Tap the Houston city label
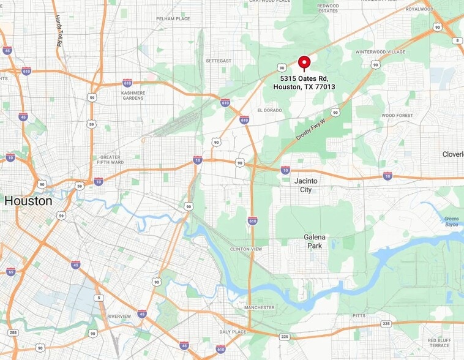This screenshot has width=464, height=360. pos(28,200)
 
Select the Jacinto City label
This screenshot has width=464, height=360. pos(306,185)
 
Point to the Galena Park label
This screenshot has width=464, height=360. pos(315,241)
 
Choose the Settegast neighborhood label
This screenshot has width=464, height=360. pos(219,61)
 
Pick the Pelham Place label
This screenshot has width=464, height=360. pos(173,19)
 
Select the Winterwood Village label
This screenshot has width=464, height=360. pos(380,52)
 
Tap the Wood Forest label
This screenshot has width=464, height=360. pos(397,115)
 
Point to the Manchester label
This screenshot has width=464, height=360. pos(259,307)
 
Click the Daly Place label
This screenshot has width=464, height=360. pos(232,331)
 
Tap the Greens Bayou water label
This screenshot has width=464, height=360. pos(452,221)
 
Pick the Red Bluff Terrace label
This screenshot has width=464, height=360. pos(440,343)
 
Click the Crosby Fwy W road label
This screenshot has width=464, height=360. pos(311,128)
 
